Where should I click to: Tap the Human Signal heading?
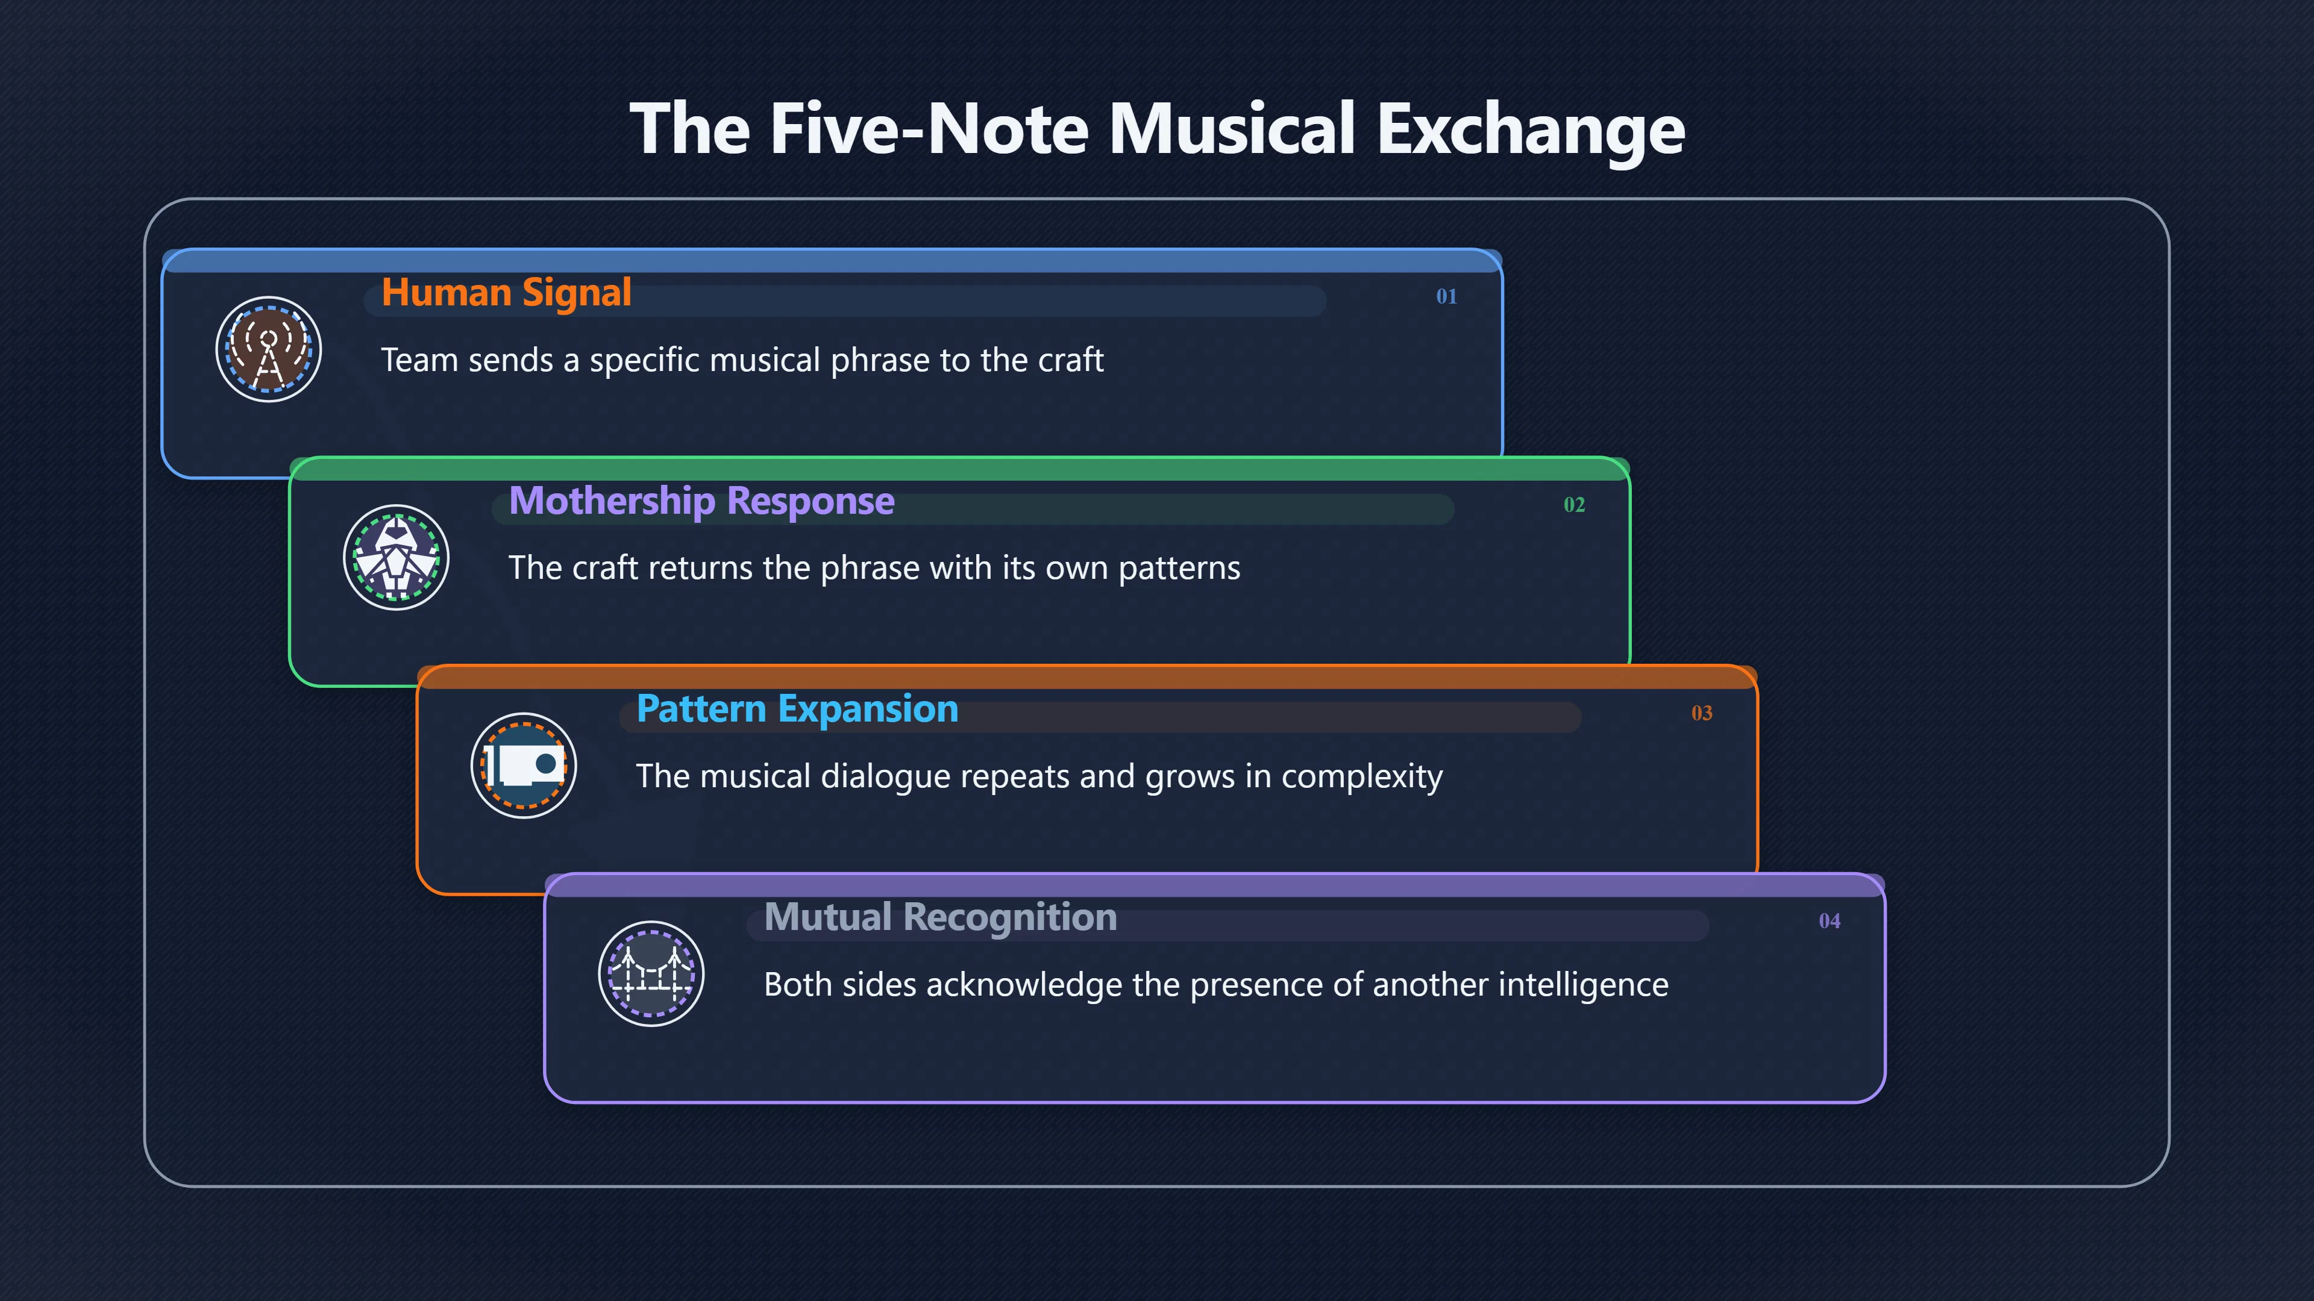click(x=507, y=293)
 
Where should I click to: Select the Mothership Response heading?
click(x=701, y=501)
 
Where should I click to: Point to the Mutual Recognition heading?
click(x=941, y=917)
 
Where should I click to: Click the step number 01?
click(x=1446, y=296)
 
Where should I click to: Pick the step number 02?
click(x=1574, y=505)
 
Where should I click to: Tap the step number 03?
click(x=1701, y=713)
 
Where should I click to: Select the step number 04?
click(x=1829, y=921)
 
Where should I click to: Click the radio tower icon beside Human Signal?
click(x=269, y=349)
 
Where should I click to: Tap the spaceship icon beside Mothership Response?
click(x=396, y=558)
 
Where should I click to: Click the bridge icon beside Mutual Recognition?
click(x=651, y=974)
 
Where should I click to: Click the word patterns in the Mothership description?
click(x=1179, y=569)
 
